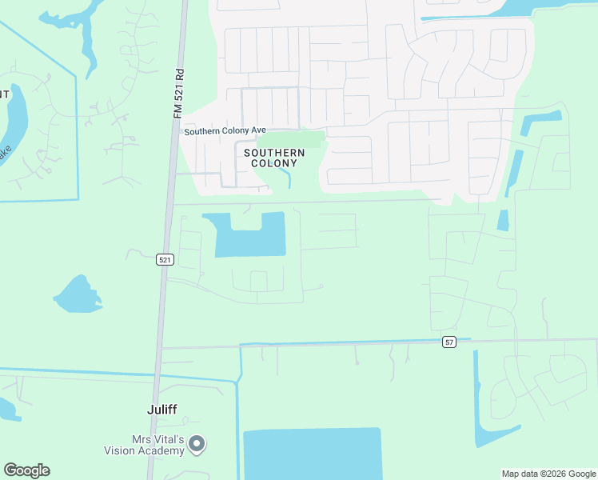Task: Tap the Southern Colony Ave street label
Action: point(225,131)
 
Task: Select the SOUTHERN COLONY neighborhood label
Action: point(274,158)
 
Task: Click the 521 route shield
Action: point(165,259)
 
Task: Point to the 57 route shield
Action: point(450,342)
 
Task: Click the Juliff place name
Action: point(161,409)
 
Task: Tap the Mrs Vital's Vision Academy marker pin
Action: point(197,443)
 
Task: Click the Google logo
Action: point(26,470)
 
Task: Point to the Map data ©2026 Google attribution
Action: point(548,474)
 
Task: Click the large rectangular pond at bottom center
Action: point(313,454)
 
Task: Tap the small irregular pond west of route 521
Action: point(77,295)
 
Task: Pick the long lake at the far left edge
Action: point(11,128)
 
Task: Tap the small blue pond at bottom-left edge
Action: point(7,410)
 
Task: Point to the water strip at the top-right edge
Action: point(480,10)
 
